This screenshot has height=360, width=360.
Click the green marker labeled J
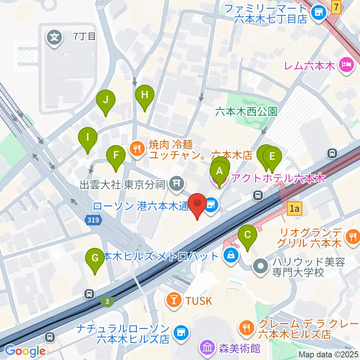click(x=106, y=100)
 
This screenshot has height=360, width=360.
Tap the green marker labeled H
click(x=145, y=95)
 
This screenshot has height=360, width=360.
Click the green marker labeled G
click(x=95, y=258)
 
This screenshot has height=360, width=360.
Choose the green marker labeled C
click(x=247, y=235)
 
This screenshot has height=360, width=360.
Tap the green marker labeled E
click(x=273, y=156)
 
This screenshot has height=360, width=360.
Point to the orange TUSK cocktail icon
click(x=174, y=300)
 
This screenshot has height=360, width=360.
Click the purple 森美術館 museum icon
click(x=207, y=348)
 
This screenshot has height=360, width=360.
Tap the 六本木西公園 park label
click(x=246, y=111)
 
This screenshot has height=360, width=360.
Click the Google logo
click(x=25, y=351)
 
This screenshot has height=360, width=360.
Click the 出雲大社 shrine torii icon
click(x=175, y=183)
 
